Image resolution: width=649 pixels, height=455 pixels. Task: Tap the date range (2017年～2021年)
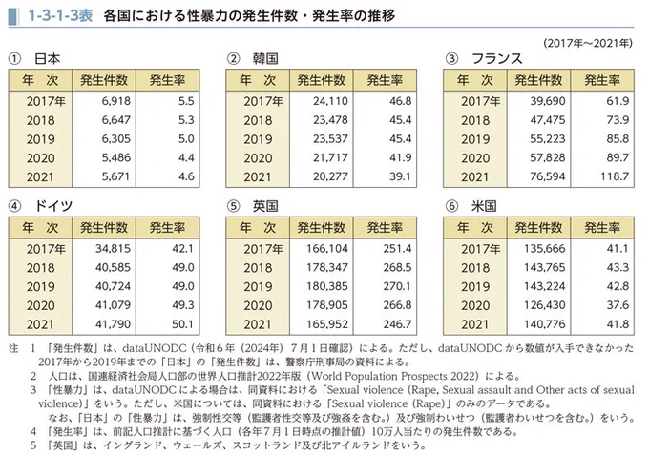tap(589, 43)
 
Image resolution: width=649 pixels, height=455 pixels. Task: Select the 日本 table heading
tap(48, 59)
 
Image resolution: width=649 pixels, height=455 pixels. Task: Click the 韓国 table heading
tap(265, 59)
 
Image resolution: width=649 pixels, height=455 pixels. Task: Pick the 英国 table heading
tap(265, 205)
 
